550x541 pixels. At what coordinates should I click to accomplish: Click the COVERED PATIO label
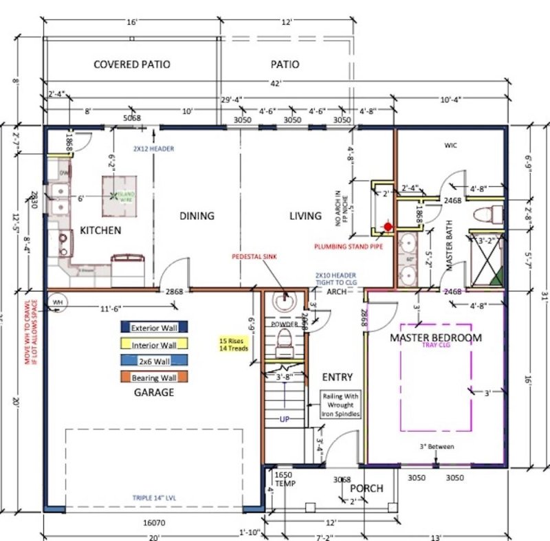point(131,65)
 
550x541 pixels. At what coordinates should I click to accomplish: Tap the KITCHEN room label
point(100,230)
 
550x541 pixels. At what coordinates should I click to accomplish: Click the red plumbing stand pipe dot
point(388,225)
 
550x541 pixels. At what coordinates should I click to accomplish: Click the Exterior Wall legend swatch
point(154,328)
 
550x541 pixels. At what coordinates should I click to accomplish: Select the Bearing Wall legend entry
point(154,377)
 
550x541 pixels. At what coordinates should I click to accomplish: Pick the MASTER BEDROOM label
point(436,338)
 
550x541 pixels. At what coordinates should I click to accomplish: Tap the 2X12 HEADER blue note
point(154,148)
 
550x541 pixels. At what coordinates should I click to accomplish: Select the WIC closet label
point(450,145)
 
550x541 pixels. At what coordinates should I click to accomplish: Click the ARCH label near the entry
point(336,291)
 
